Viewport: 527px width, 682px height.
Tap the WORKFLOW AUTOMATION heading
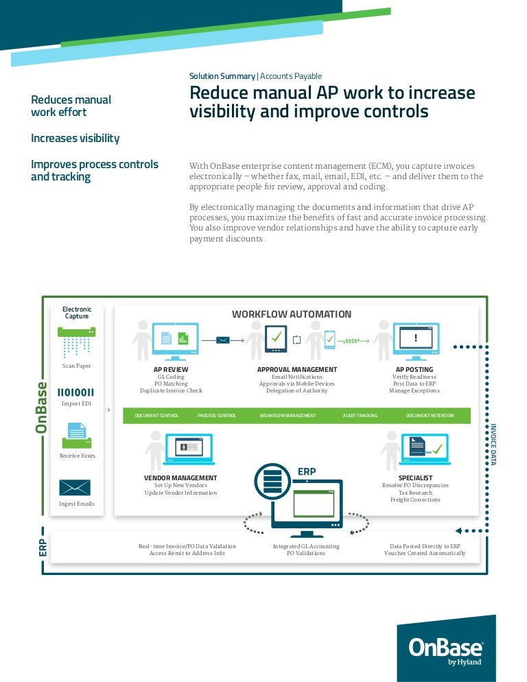tap(292, 314)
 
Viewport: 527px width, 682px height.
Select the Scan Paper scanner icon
tap(77, 342)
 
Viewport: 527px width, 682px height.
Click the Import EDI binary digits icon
tap(76, 392)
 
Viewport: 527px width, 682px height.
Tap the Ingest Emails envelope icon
tap(75, 487)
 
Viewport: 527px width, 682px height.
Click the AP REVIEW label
tap(171, 370)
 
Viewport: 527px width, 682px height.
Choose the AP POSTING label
tap(414, 370)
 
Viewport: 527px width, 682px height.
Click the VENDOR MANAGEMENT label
tap(180, 478)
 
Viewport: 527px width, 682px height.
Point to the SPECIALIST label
tap(415, 478)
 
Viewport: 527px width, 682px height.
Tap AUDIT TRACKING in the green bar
tap(360, 416)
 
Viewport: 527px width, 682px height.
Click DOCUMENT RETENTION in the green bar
tap(430, 416)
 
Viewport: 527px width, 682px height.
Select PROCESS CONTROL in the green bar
tap(217, 416)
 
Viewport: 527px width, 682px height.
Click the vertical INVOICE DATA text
tap(493, 445)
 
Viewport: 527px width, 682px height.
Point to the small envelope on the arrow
tap(223, 339)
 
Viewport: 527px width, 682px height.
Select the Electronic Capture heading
tap(77, 313)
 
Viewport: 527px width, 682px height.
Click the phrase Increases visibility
tap(75, 139)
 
